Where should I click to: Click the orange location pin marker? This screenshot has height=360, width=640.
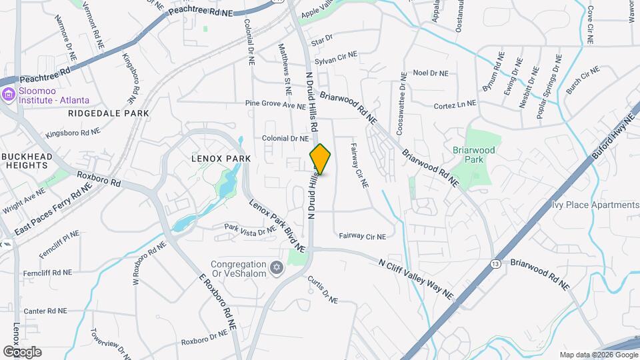point(321,159)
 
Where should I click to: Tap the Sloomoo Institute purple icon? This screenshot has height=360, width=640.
point(8,95)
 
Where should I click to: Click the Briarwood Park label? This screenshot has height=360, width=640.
point(474,155)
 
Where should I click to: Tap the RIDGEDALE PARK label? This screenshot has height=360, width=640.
point(109,113)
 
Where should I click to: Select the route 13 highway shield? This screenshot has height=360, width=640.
point(495,264)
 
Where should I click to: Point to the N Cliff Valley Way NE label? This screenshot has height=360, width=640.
point(415,278)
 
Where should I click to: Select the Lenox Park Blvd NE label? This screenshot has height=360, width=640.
point(277,226)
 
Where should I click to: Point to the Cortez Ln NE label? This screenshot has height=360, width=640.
point(455,105)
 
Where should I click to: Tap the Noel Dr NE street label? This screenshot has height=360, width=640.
point(431,73)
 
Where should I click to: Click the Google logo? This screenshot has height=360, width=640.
point(22,352)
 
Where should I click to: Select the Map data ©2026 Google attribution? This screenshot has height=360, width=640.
point(598,355)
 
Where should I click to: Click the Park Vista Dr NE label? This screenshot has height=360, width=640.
point(249,229)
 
